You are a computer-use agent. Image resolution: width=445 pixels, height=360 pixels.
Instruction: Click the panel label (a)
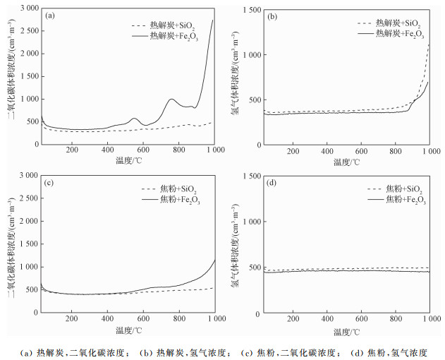50,15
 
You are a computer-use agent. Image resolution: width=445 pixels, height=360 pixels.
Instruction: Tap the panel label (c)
50,183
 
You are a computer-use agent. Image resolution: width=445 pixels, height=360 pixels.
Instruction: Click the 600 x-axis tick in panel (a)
143,150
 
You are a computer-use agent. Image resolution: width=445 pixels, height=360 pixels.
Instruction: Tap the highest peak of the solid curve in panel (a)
212,20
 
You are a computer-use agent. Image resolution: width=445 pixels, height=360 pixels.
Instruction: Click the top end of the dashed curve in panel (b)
429,44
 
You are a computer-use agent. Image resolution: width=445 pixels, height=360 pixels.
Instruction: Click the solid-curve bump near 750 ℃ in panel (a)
171,100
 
